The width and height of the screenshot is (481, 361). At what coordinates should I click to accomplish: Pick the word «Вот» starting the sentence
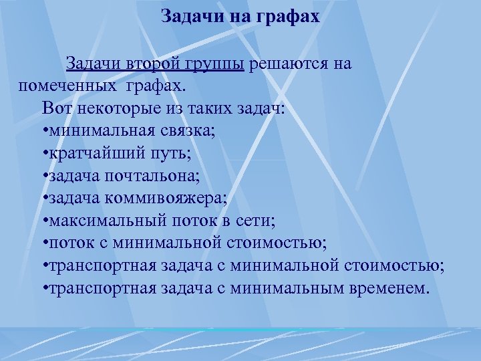click(54, 108)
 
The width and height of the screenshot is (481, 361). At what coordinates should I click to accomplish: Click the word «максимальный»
click(98, 221)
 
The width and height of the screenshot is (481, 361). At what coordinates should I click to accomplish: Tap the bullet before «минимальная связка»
click(43, 131)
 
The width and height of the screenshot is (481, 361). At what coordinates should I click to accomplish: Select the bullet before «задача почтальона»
click(43, 176)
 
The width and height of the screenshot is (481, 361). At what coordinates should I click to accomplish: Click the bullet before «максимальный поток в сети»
click(43, 222)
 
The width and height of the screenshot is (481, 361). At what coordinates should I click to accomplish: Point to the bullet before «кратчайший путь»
click(43, 154)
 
